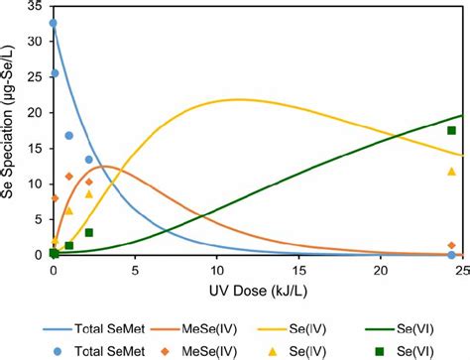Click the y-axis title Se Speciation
12,129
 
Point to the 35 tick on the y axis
37,9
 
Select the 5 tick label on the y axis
40,219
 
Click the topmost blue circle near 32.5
53,23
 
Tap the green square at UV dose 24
451,130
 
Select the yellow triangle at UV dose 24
451,172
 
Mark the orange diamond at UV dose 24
451,245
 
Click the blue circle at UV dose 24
451,255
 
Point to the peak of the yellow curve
238,99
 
